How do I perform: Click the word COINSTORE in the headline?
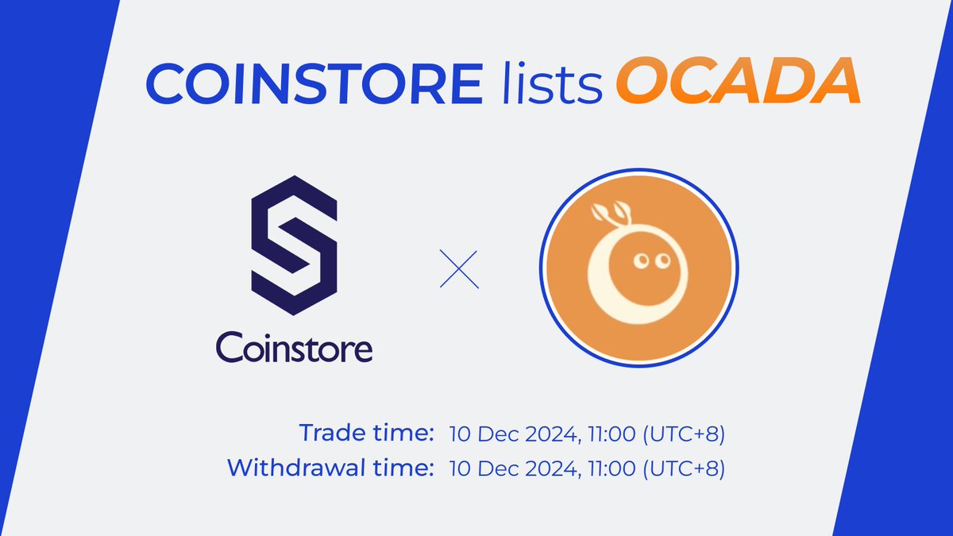pyautogui.click(x=313, y=82)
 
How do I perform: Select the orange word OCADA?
pyautogui.click(x=739, y=82)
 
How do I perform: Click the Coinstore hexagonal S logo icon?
pyautogui.click(x=294, y=246)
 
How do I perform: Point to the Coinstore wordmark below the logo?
pyautogui.click(x=294, y=346)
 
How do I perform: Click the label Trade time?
pyautogui.click(x=366, y=434)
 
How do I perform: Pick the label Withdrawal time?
pyautogui.click(x=330, y=468)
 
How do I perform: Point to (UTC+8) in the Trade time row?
pyautogui.click(x=684, y=434)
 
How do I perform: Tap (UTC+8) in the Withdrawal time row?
pyautogui.click(x=684, y=469)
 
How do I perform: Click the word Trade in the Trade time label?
pyautogui.click(x=326, y=434)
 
